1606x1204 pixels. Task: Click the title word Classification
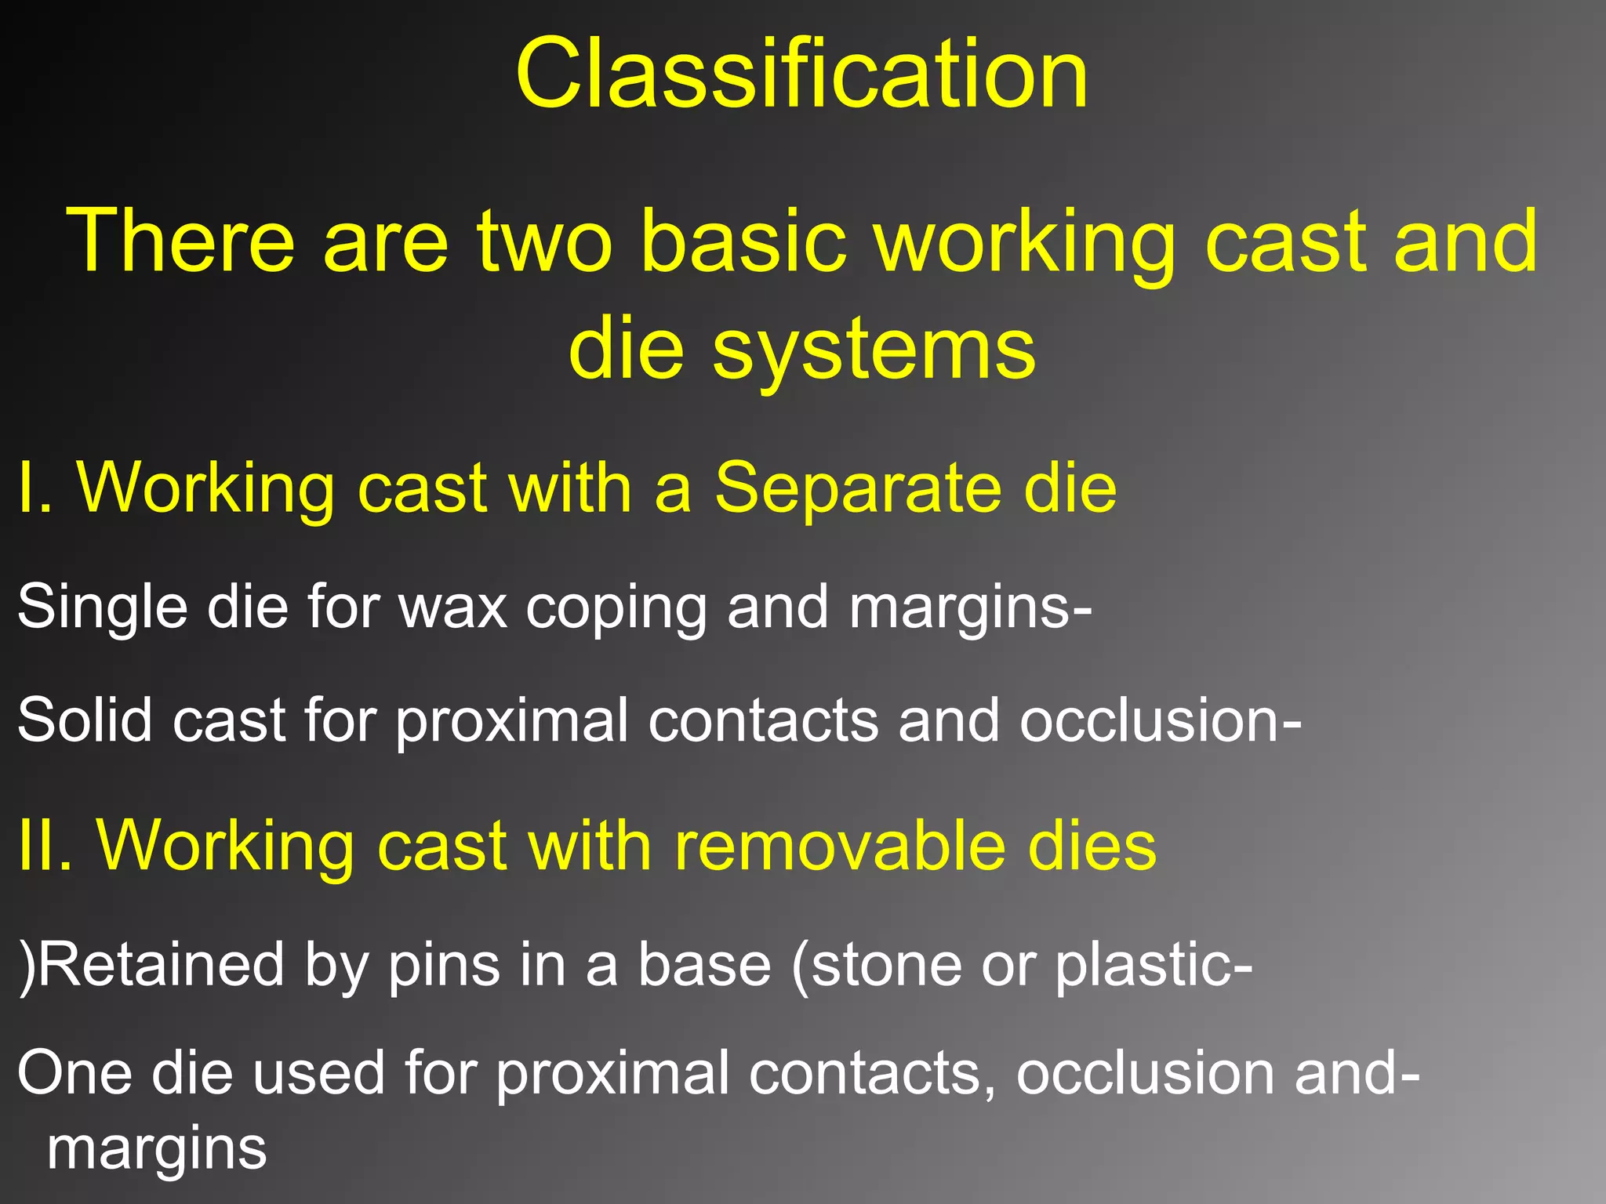point(801,76)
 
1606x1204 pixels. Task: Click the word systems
point(874,350)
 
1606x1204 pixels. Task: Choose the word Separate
point(855,489)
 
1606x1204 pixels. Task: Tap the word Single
point(102,607)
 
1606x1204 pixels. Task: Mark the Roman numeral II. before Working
point(45,846)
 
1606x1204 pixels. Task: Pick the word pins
point(444,966)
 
